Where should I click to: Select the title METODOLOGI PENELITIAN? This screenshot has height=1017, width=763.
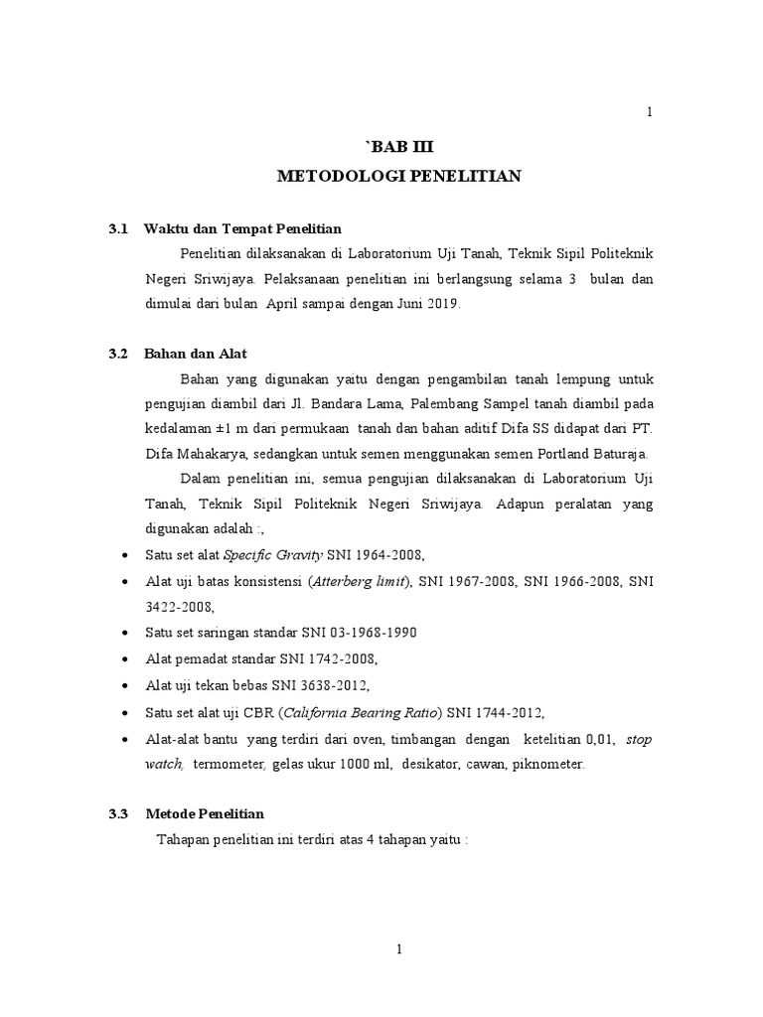pyautogui.click(x=398, y=177)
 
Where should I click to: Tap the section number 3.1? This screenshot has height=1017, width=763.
pyautogui.click(x=119, y=229)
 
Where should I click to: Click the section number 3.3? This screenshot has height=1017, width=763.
pyautogui.click(x=119, y=813)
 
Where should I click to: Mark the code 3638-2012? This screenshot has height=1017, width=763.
pyautogui.click(x=337, y=685)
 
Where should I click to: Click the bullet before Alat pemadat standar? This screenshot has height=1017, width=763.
pyautogui.click(x=122, y=659)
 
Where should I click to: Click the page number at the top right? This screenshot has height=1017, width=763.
pyautogui.click(x=650, y=112)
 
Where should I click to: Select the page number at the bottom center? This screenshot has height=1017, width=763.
pyautogui.click(x=398, y=949)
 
